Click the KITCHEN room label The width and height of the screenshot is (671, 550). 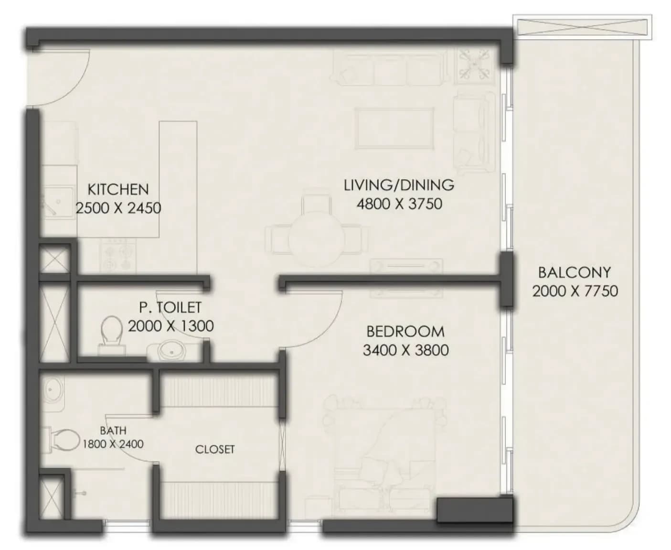[118, 189]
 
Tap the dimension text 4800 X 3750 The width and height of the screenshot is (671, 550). [399, 204]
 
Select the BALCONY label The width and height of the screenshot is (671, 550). [575, 272]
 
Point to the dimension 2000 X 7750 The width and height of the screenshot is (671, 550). [575, 291]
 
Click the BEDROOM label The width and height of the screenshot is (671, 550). [405, 332]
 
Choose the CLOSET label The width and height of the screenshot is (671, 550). [215, 450]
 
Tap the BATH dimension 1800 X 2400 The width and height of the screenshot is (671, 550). [113, 444]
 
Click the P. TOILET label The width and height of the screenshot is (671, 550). [170, 307]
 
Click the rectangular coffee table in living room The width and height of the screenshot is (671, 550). [394, 128]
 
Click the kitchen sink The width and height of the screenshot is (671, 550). [58, 202]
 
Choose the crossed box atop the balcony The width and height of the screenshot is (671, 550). [582, 27]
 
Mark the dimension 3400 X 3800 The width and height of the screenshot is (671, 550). [405, 350]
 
